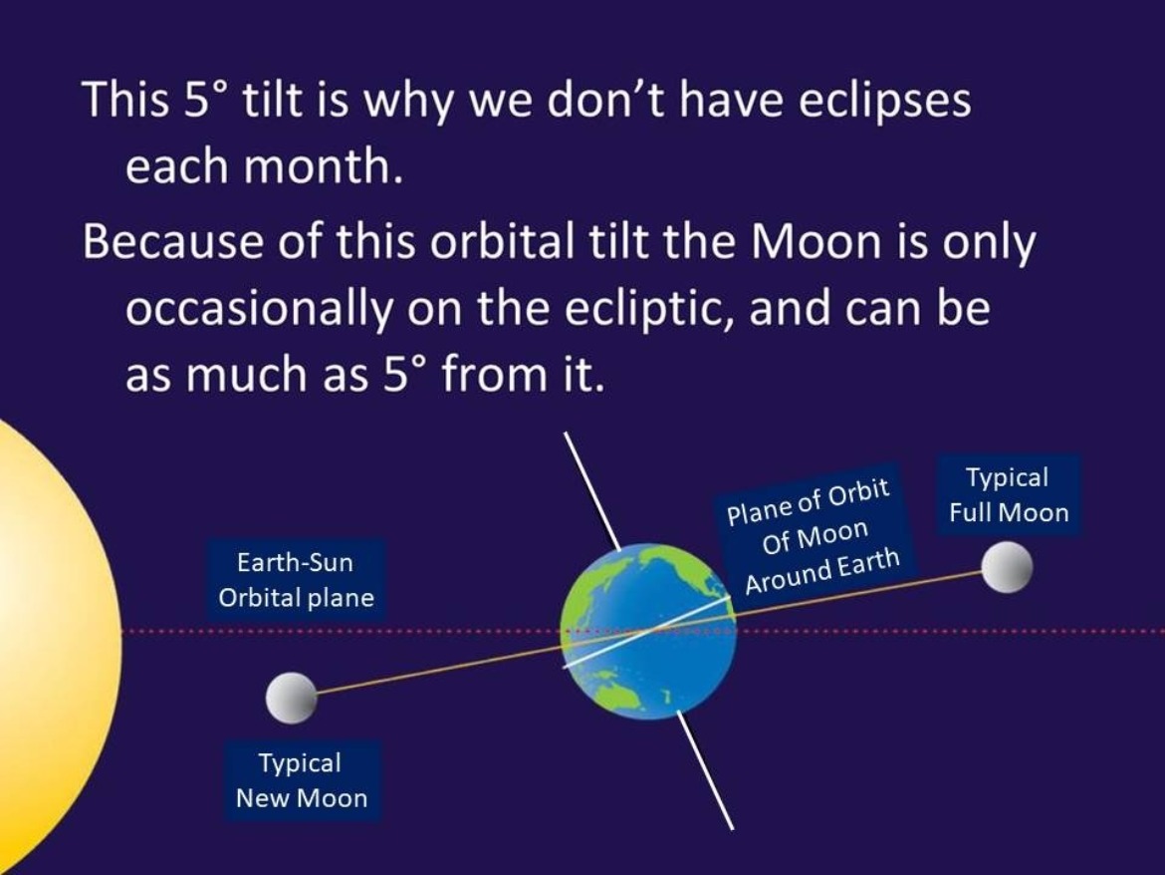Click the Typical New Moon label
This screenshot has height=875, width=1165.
click(x=302, y=780)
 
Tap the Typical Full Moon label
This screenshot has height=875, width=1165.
click(x=1009, y=495)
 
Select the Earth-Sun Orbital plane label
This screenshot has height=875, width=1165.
click(x=296, y=580)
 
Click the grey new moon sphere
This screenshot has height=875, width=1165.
click(x=291, y=698)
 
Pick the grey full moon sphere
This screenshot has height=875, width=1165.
click(x=1007, y=567)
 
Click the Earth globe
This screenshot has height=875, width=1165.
click(x=648, y=632)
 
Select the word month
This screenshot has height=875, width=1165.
click(x=324, y=166)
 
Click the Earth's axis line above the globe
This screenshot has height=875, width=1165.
click(x=591, y=488)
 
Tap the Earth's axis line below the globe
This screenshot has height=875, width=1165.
click(x=707, y=769)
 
